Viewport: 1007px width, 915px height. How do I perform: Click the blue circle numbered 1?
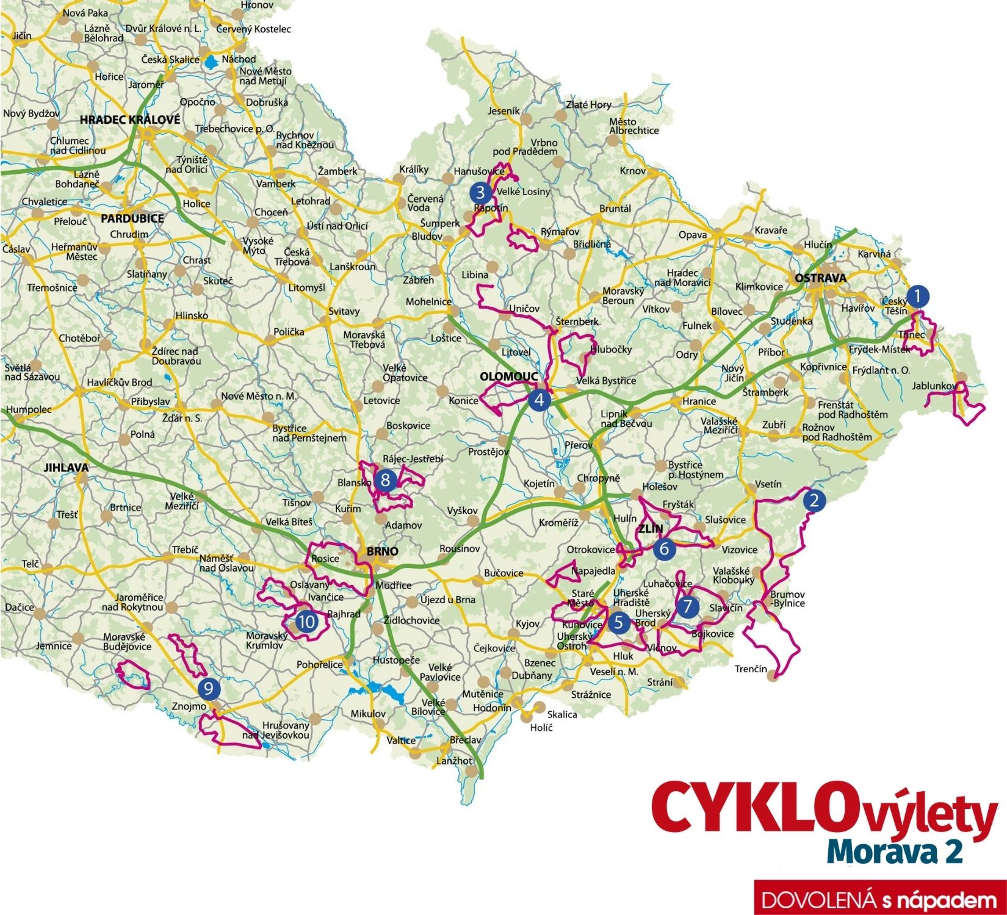click(917, 296)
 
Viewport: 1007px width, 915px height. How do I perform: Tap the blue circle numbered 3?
click(480, 193)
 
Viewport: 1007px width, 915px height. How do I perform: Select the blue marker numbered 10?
click(306, 622)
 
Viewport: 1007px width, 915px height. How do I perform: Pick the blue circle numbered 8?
click(385, 480)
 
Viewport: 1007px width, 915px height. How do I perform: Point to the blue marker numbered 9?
click(209, 689)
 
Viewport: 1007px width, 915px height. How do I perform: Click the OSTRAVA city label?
click(820, 278)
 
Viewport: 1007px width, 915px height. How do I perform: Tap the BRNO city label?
click(382, 551)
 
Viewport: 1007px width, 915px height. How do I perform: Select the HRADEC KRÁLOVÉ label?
click(130, 120)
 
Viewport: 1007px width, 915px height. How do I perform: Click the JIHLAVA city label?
click(66, 468)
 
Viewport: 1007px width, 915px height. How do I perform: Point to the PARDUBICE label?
click(132, 218)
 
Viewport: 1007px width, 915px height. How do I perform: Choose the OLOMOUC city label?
click(508, 376)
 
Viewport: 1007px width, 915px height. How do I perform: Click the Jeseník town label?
click(504, 111)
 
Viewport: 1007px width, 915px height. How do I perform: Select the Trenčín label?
click(751, 669)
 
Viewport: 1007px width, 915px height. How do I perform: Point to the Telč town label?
click(31, 564)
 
